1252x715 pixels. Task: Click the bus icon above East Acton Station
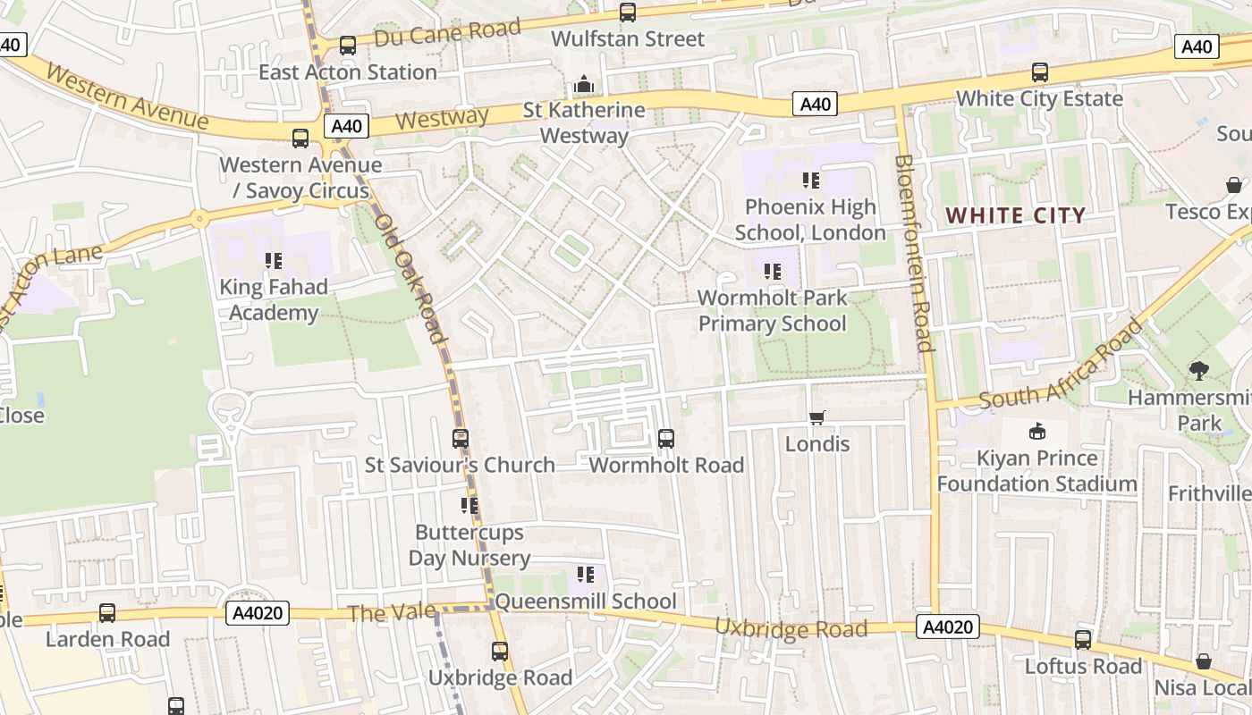click(x=348, y=45)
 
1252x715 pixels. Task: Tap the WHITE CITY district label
click(x=1016, y=215)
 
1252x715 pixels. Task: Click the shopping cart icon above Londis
click(x=816, y=417)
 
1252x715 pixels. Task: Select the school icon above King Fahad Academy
click(x=274, y=261)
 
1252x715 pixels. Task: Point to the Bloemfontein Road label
click(x=913, y=253)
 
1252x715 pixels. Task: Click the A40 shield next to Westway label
click(x=346, y=126)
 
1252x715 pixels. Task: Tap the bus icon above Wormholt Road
click(x=666, y=438)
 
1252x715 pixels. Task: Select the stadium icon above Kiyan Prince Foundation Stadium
click(x=1037, y=432)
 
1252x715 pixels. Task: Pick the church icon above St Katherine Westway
click(x=584, y=85)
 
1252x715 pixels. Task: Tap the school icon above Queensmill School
click(x=586, y=574)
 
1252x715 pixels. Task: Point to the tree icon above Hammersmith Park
click(x=1199, y=370)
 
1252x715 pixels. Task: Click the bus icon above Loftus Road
click(x=1083, y=640)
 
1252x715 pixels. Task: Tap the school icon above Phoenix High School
click(x=811, y=181)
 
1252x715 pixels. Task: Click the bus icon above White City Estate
click(x=1039, y=71)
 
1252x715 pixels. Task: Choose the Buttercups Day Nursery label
click(x=469, y=545)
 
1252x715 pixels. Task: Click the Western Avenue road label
click(x=127, y=97)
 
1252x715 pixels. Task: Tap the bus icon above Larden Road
click(x=107, y=613)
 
